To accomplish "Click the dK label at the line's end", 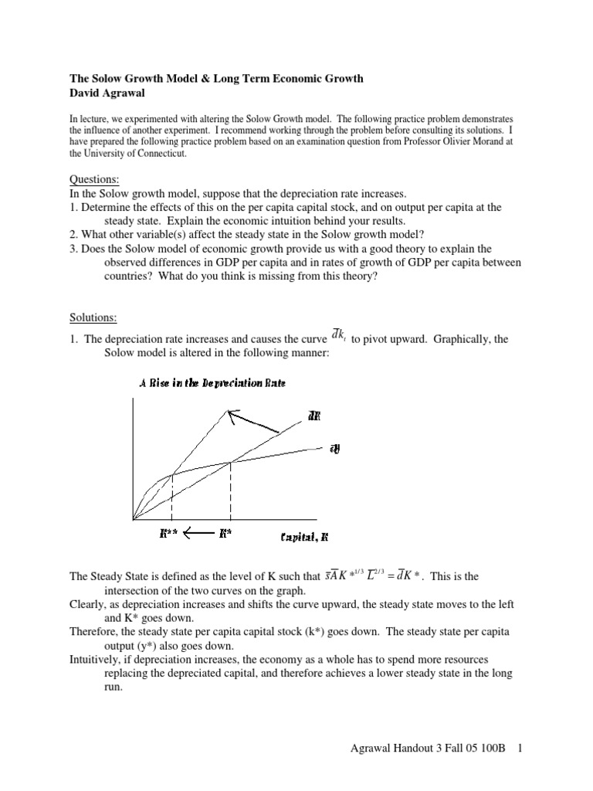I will [x=313, y=416].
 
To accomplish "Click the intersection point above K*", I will [x=230, y=462].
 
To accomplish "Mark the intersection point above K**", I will [x=171, y=474].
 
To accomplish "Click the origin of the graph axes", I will [x=134, y=518].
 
